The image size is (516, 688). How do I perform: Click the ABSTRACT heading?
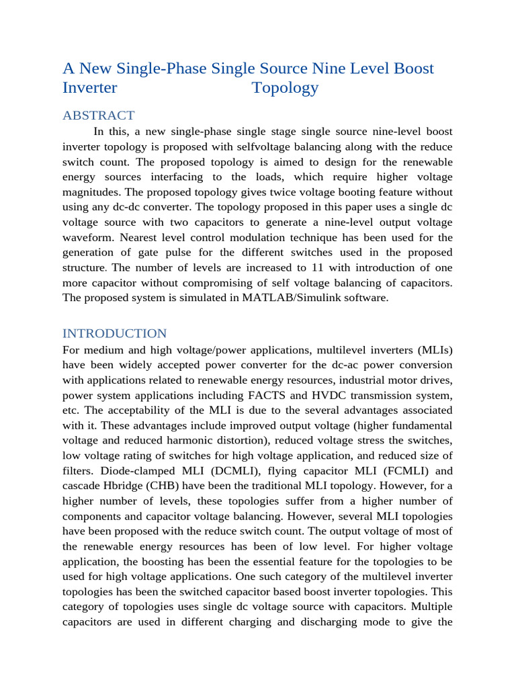[x=98, y=116]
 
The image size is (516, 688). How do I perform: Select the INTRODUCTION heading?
[x=114, y=333]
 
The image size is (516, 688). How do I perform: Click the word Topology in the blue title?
[x=285, y=88]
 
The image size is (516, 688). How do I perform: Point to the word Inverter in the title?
[x=89, y=88]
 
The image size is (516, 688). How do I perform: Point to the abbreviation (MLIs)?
[x=429, y=349]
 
